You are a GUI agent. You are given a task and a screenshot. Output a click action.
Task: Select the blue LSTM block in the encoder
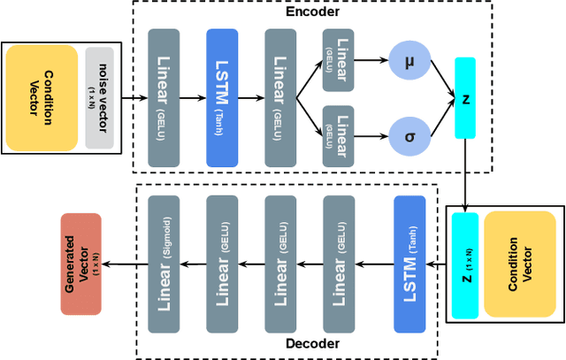pyautogui.click(x=222, y=97)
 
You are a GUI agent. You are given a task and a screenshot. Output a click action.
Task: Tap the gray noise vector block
pyautogui.click(x=98, y=97)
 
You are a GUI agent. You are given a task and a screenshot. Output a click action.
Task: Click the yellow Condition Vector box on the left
pyautogui.click(x=42, y=97)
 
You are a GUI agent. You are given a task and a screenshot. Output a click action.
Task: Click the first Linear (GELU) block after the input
pyautogui.click(x=164, y=97)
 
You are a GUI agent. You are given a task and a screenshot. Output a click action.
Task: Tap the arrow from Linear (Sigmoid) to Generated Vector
pyautogui.click(x=124, y=263)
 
